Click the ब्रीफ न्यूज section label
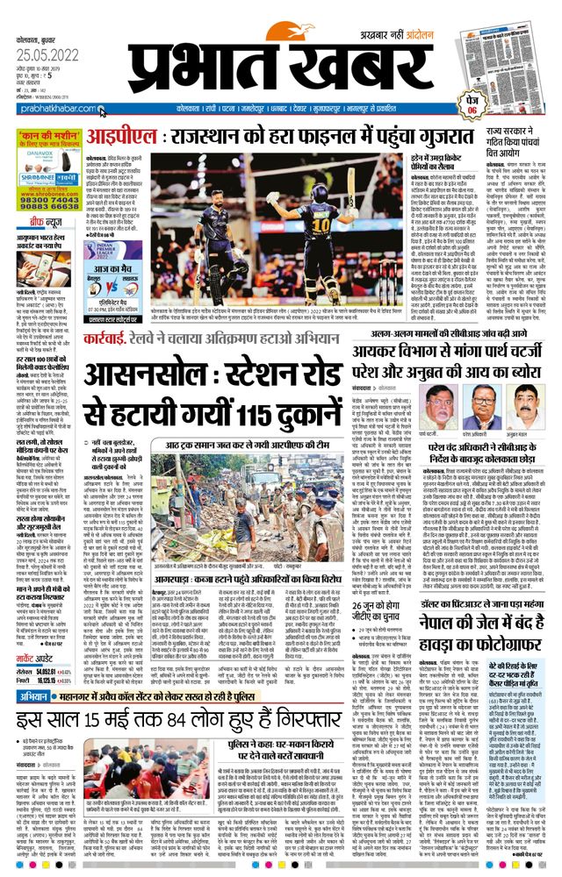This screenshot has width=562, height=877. pos(38,223)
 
